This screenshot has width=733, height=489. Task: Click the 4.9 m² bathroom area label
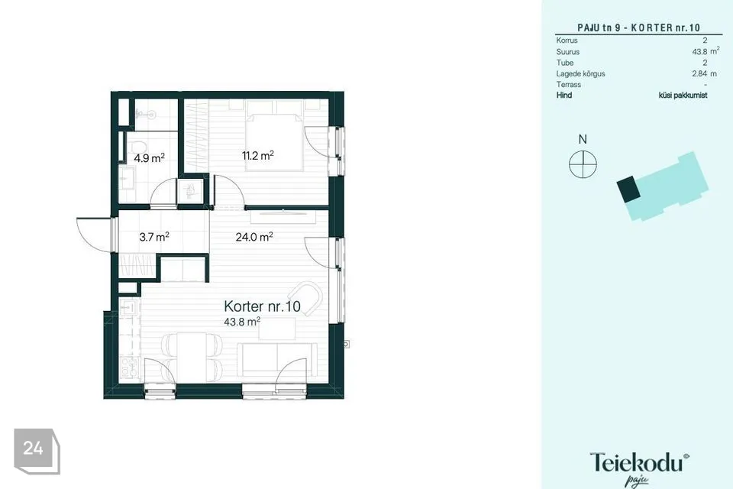(x=149, y=157)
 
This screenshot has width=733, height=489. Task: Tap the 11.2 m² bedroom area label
(x=257, y=155)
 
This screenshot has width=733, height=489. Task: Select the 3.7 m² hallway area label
(x=153, y=237)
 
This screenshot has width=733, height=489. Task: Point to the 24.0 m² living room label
(x=253, y=237)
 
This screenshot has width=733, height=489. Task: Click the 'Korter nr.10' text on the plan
(x=262, y=306)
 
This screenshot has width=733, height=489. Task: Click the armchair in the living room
(x=305, y=298)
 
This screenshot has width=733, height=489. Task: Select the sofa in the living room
(x=277, y=359)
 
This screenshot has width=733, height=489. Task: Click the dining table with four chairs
(x=192, y=357)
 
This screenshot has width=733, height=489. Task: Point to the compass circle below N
(x=583, y=164)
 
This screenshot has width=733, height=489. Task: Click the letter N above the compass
(x=583, y=139)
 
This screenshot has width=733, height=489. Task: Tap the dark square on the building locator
(x=628, y=189)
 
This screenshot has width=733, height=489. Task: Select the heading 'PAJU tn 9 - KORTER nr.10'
(x=638, y=28)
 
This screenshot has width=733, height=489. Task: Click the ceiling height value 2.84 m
(x=704, y=73)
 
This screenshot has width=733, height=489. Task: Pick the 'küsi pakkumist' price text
(x=683, y=95)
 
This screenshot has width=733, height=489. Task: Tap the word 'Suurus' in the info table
(x=567, y=52)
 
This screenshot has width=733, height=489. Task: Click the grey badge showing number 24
(x=37, y=451)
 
